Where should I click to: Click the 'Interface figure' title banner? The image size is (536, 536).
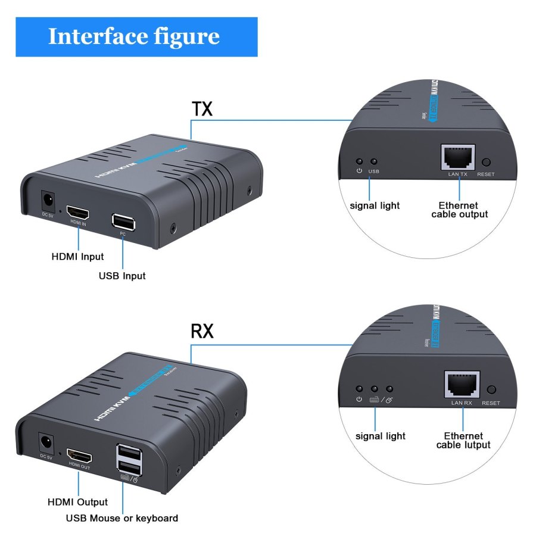coord(136,37)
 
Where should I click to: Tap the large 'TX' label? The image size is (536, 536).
coord(202,109)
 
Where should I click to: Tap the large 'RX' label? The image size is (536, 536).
coord(202,332)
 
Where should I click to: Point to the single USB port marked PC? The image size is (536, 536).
coord(123,222)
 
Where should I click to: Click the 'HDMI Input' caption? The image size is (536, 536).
coord(77,257)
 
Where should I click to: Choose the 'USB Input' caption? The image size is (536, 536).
coord(122,276)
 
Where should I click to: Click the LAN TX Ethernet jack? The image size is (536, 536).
coord(457,157)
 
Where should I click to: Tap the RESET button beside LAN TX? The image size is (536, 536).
coord(486,162)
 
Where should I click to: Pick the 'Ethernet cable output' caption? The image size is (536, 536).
coord(459,210)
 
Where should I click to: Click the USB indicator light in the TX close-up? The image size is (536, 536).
coord(373,161)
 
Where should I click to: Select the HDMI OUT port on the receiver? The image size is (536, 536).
coord(80,457)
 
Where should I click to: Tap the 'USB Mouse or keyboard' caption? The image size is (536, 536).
coord(121,518)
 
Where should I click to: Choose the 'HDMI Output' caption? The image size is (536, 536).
coord(78,502)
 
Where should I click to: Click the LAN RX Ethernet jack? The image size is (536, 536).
coord(462,385)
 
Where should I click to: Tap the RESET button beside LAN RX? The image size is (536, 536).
coord(491,390)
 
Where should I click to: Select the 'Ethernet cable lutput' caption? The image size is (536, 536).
coord(463,440)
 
